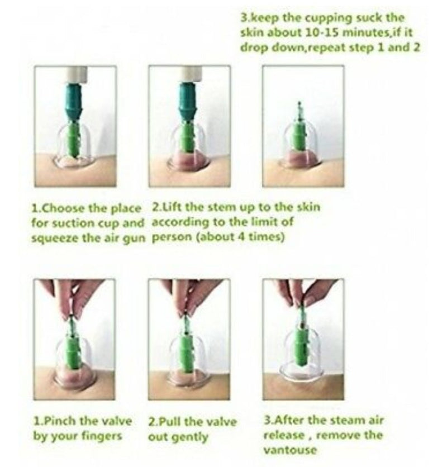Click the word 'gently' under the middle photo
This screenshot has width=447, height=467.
(x=189, y=437)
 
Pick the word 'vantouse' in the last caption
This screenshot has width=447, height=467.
(x=289, y=450)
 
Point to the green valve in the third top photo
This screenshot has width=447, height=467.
(x=299, y=134)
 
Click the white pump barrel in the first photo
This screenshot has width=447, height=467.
(x=75, y=75)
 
